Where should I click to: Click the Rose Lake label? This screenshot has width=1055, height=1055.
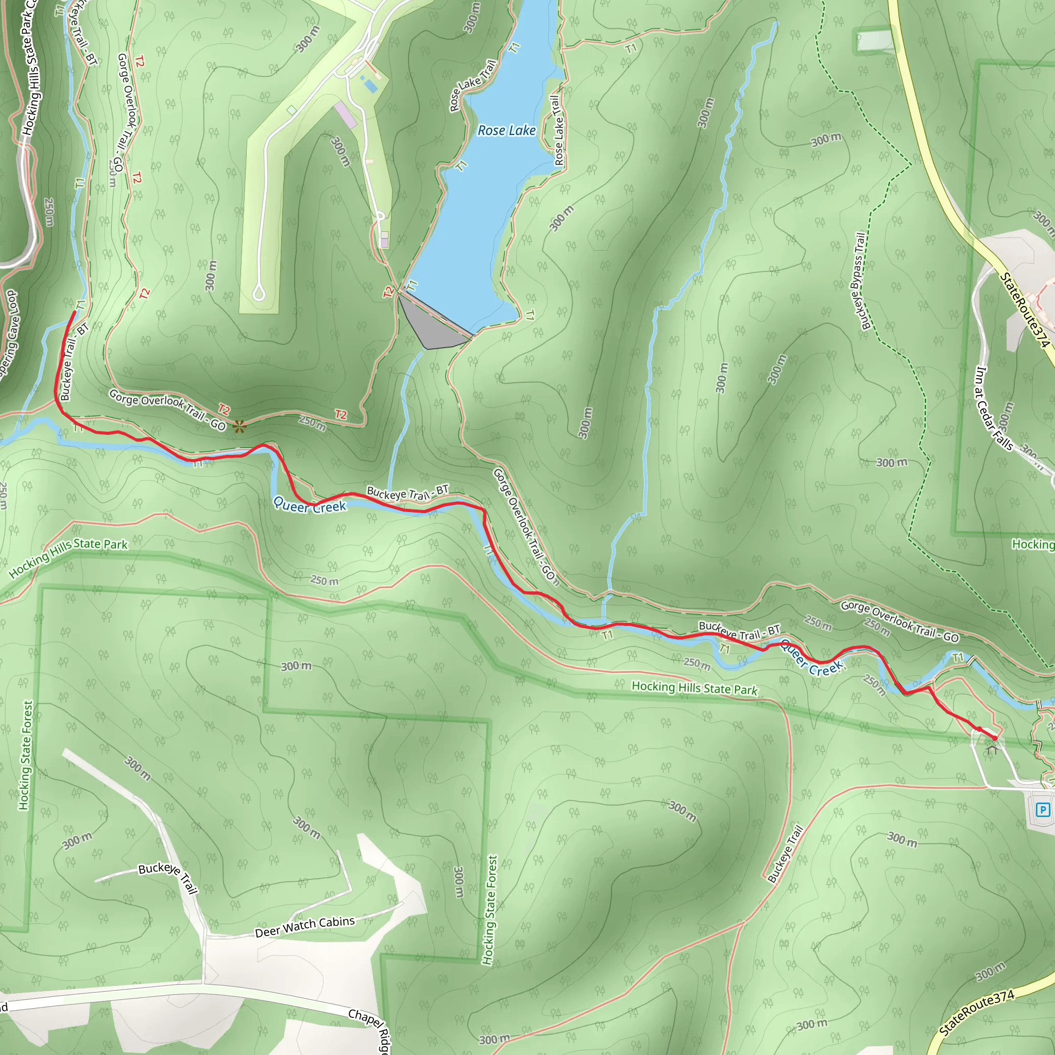coord(506,130)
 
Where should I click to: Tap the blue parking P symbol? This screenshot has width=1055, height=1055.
coord(1043,809)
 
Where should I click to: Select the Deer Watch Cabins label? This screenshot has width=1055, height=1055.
coord(305,926)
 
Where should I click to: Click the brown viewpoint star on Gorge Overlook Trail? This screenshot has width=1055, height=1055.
coord(239,427)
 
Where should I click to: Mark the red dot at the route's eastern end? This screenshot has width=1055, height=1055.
coord(994,738)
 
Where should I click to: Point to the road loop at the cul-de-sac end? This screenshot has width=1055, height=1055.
coord(259,294)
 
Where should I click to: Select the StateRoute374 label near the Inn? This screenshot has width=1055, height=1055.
coord(1025,310)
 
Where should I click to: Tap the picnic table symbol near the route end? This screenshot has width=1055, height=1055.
coord(992,750)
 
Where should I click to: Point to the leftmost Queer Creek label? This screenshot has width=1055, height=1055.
coord(310,505)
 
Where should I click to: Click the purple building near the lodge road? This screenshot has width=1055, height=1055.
coord(345,115)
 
